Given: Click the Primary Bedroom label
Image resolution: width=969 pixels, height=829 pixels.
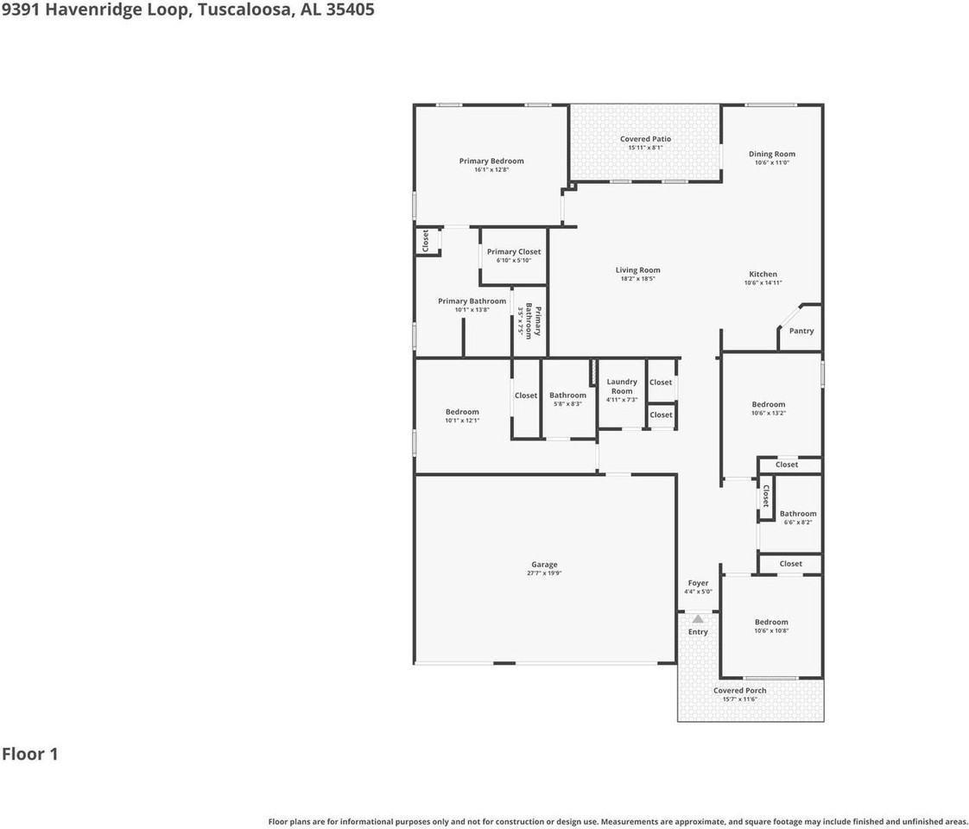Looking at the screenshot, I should pos(491,161).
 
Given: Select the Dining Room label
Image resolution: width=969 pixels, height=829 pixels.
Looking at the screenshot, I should pos(771,155).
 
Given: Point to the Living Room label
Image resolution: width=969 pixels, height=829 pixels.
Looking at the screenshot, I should pos(637,270).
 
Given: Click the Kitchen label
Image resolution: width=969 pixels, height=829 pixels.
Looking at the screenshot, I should pos(763,275).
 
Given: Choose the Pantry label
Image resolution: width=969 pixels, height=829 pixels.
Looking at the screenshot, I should pos(801,331).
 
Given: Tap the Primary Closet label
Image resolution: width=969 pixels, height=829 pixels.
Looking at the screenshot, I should pos(514,252).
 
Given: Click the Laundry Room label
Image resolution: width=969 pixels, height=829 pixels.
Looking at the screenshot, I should pos(622,386).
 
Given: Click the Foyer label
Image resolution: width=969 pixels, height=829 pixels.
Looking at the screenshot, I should pos(698,584).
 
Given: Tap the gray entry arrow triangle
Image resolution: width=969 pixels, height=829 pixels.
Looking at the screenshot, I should pos(698,618).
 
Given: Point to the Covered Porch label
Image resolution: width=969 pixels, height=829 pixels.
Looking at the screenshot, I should pos(739,691).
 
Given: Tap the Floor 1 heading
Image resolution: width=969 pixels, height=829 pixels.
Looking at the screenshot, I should pos(30,754).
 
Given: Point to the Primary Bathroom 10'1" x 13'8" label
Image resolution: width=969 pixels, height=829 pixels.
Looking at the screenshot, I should pos(472,301).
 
